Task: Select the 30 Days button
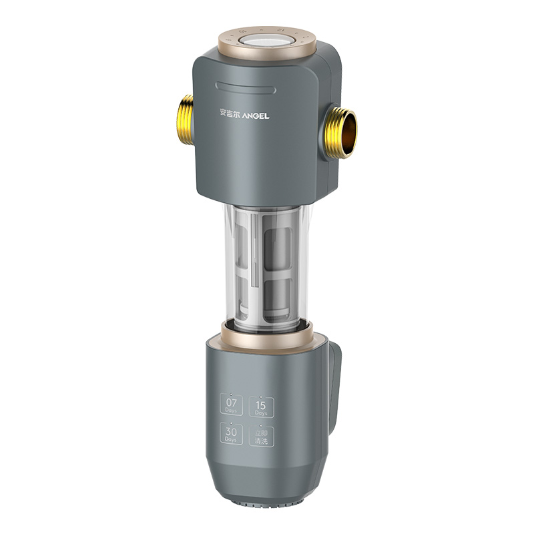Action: (x=232, y=436)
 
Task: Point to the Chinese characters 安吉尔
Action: (x=232, y=115)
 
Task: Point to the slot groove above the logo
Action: (x=246, y=85)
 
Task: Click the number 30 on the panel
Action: (x=232, y=432)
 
